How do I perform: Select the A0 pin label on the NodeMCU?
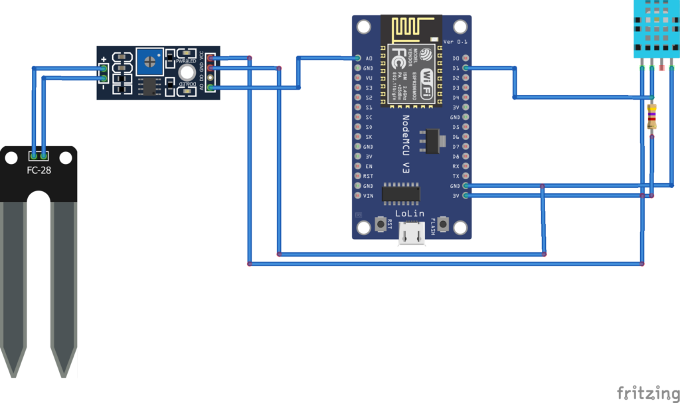[369, 58]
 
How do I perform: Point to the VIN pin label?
[369, 196]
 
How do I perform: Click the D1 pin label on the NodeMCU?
[456, 68]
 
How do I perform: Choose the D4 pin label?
[456, 98]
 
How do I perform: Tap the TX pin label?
[456, 176]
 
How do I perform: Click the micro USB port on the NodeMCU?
[412, 233]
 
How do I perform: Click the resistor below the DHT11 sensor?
[652, 118]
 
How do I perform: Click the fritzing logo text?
[644, 392]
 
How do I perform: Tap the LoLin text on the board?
[411, 214]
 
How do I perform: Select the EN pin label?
[369, 166]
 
